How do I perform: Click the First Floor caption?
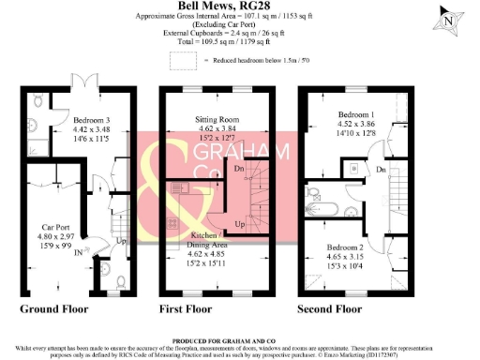(x=194, y=307)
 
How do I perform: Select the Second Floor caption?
(x=331, y=307)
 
